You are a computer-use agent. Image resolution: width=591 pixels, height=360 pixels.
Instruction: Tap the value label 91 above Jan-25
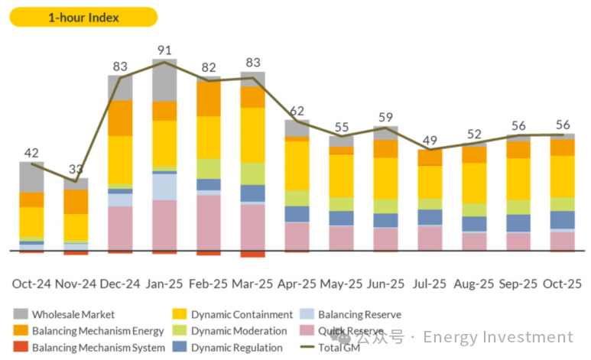point(164,51)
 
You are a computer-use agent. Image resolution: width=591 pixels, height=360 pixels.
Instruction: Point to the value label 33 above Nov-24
point(76,169)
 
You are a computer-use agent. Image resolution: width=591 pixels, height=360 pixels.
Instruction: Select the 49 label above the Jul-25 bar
point(430,140)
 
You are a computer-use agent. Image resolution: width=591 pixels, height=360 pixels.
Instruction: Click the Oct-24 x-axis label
point(31,283)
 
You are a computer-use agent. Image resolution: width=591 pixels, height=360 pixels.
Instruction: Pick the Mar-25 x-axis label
point(252,283)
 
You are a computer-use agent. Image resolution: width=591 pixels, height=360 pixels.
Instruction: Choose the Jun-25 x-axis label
point(385,283)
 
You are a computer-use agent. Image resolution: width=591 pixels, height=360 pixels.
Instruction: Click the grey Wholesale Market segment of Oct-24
point(31,177)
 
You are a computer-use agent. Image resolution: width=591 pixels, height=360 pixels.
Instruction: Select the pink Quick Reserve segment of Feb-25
point(208,222)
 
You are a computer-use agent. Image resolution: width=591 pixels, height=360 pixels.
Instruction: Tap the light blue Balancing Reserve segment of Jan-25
point(164,186)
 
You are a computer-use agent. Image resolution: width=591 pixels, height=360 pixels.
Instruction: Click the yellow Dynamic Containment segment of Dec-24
point(120,159)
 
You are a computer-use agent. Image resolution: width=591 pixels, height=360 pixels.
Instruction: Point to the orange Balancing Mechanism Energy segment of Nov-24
point(76,201)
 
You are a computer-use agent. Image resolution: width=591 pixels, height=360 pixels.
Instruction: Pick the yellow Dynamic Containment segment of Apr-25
point(297,165)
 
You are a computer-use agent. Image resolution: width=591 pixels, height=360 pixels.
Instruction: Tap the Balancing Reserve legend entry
point(359,314)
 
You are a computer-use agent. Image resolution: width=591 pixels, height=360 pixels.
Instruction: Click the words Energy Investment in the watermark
point(497,337)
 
